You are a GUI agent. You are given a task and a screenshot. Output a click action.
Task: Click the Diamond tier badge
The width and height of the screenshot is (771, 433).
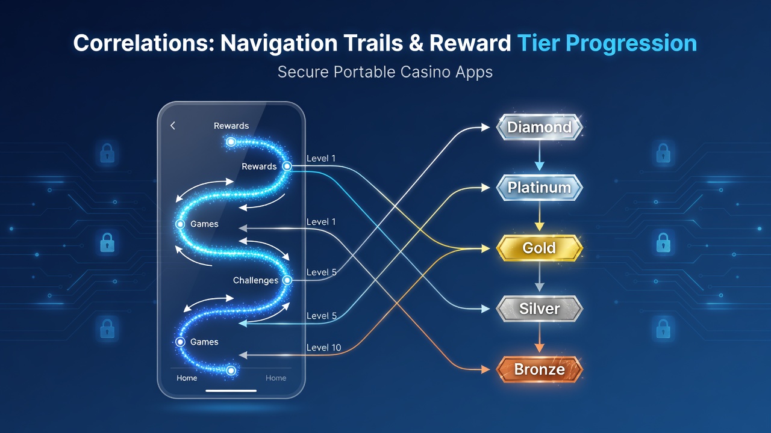coord(539,127)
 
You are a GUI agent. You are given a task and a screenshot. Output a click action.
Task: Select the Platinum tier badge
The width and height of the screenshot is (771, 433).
coord(539,188)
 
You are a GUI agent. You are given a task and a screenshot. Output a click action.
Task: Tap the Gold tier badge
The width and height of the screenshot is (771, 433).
coord(539,248)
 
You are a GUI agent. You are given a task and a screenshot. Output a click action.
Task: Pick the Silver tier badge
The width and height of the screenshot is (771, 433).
coord(539,309)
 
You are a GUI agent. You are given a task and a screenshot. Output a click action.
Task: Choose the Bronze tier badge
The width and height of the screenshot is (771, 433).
coord(539,369)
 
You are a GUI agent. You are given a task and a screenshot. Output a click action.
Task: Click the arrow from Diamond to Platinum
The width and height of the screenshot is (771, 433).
coord(539,156)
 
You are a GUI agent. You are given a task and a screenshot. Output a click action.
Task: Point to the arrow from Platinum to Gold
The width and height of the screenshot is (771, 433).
coord(539,216)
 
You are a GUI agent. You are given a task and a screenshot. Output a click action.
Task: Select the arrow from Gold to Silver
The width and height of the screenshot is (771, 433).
coord(539,277)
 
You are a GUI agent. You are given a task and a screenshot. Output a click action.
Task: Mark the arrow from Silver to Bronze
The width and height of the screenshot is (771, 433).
coord(539,337)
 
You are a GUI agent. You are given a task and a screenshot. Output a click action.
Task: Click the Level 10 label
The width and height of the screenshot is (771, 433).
coord(323,348)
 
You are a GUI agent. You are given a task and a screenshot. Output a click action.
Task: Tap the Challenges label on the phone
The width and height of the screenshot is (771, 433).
coord(255,280)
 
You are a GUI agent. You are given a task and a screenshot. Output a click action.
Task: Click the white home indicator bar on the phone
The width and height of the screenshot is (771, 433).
coord(231,391)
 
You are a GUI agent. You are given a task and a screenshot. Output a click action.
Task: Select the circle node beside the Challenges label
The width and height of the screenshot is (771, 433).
coord(287,280)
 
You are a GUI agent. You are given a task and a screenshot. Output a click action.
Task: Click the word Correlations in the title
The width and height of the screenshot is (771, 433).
coord(143,43)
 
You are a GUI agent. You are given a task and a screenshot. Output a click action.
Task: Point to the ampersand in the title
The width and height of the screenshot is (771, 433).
coord(416,43)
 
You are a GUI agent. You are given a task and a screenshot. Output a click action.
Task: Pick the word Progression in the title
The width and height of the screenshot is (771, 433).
coord(631,44)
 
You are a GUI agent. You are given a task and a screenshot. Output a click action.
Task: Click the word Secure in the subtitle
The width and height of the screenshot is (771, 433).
coord(303,72)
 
